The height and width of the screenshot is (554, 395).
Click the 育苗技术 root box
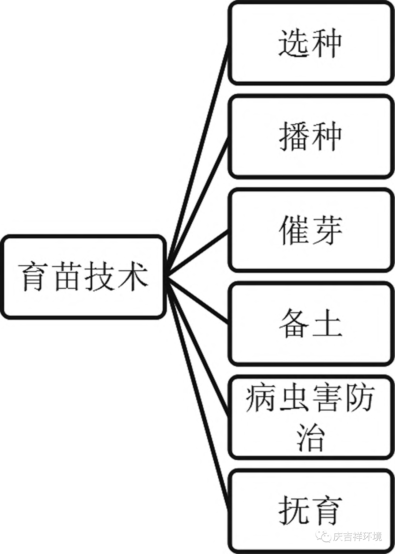pyautogui.click(x=83, y=277)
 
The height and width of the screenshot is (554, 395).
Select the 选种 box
pyautogui.click(x=310, y=43)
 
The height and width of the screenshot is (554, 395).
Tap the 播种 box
pyautogui.click(x=310, y=136)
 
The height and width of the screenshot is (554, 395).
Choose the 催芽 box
pyautogui.click(x=310, y=230)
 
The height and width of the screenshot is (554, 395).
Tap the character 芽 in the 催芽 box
pyautogui.click(x=326, y=230)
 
